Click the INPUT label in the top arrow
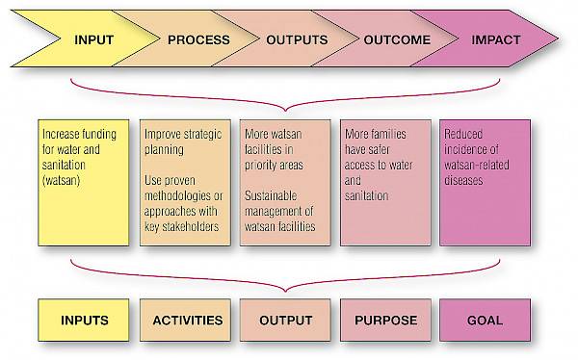click(93, 40)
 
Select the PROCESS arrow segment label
click(198, 40)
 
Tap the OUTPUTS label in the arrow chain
click(297, 40)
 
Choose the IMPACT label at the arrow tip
click(495, 40)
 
